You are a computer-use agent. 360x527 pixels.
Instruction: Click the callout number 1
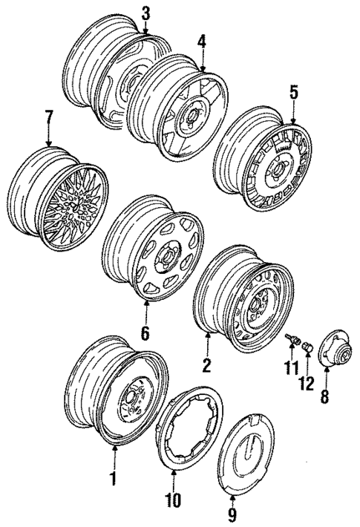pyautogui.click(x=114, y=479)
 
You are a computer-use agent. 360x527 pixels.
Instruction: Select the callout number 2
pyautogui.click(x=207, y=364)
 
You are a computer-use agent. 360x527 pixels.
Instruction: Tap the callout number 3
pyautogui.click(x=145, y=13)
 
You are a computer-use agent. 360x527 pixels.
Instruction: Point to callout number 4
pyautogui.click(x=201, y=44)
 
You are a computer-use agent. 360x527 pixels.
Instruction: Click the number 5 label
pyautogui.click(x=293, y=92)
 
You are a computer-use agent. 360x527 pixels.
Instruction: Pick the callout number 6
pyautogui.click(x=145, y=333)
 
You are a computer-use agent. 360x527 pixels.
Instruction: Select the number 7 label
pyautogui.click(x=49, y=117)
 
